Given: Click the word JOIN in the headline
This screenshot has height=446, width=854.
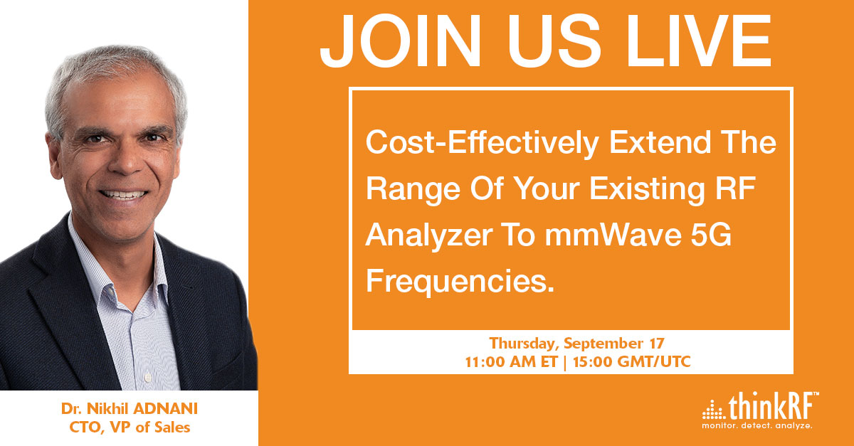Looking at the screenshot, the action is (x=401, y=41).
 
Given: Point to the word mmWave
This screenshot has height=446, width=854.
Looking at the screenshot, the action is (x=613, y=235).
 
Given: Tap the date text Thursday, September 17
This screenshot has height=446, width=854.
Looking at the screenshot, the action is (x=577, y=343).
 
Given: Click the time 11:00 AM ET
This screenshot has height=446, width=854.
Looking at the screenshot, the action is (x=511, y=362).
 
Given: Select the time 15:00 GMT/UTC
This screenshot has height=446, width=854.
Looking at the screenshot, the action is (x=632, y=362).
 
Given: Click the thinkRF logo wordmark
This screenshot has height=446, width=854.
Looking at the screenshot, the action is (x=773, y=406).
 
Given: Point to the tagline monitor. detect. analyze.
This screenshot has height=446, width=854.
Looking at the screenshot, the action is (x=757, y=425).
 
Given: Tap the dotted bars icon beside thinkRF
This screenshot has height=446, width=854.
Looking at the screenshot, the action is (x=714, y=410).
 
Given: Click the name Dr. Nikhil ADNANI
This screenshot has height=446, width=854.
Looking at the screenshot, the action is (x=130, y=408).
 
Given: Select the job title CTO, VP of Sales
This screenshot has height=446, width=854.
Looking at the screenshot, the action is (x=130, y=428).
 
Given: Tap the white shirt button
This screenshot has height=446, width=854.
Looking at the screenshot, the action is (x=148, y=378).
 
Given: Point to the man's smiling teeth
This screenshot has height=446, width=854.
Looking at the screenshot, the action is (x=123, y=195).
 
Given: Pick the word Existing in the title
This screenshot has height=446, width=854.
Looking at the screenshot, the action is (x=647, y=189).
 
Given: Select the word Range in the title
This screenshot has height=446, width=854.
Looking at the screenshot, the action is (x=413, y=189).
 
